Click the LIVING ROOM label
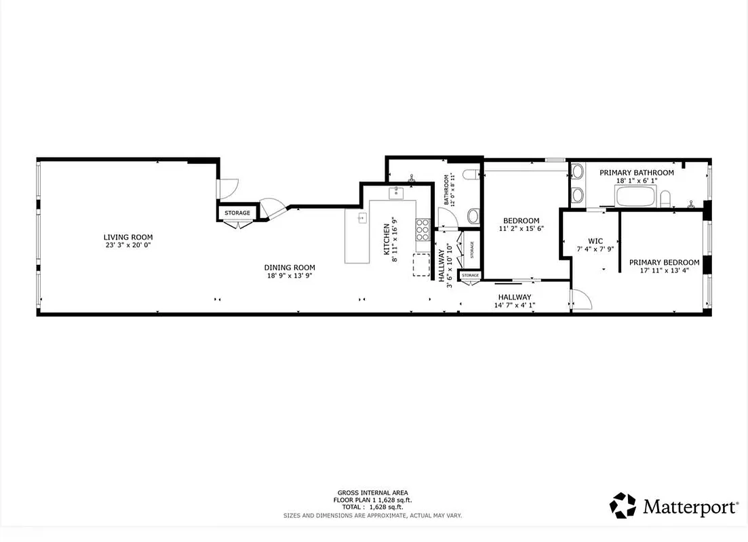click(127, 237)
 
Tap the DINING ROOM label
click(290, 267)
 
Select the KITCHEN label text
click(387, 239)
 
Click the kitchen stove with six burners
click(422, 229)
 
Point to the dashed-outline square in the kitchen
click(421, 264)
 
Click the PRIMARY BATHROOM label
click(636, 173)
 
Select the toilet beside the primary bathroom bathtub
click(665, 199)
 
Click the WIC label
click(595, 241)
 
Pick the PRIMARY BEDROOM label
click(663, 262)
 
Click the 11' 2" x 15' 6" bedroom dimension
click(521, 229)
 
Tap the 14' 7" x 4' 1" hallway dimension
click(514, 305)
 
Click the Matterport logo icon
click(623, 505)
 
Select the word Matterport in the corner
click(690, 507)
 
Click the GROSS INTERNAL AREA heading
click(372, 493)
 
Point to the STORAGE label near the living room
click(237, 213)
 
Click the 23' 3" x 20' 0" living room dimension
click(127, 245)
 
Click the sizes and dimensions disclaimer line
click(372, 516)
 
